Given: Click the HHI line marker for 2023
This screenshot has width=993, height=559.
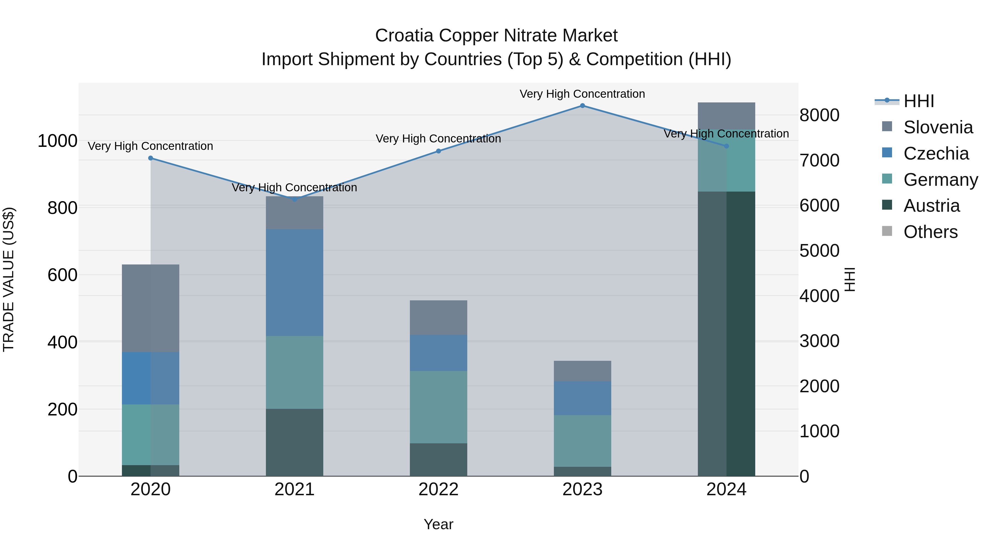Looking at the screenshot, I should click(582, 106).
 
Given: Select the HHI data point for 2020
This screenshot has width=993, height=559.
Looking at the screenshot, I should click(151, 158).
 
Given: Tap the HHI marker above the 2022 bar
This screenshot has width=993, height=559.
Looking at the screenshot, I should click(438, 151).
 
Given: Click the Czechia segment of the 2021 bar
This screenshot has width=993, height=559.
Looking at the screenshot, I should click(295, 282).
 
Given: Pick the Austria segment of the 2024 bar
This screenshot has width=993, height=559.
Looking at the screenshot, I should click(726, 334).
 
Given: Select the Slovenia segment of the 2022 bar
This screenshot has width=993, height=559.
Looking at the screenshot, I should click(438, 317).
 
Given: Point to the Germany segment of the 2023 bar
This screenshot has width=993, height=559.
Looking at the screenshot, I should click(582, 441).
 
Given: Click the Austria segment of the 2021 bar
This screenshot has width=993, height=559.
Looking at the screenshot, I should click(295, 442).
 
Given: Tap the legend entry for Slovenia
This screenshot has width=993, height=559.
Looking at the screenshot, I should click(938, 127).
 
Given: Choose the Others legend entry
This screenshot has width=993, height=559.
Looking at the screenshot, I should click(930, 232).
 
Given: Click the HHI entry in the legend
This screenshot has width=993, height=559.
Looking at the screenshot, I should click(919, 101).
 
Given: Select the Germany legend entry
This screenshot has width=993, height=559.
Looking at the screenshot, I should click(940, 180).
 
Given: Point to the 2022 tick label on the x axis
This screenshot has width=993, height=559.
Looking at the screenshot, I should click(438, 489).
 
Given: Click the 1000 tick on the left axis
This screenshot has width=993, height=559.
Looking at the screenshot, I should click(57, 141).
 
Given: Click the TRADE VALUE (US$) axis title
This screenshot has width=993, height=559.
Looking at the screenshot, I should click(9, 279).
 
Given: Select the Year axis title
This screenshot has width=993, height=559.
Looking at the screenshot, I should click(438, 524).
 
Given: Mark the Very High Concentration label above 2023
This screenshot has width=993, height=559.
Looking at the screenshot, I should click(582, 94).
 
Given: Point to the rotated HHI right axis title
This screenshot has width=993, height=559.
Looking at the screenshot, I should click(850, 279).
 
